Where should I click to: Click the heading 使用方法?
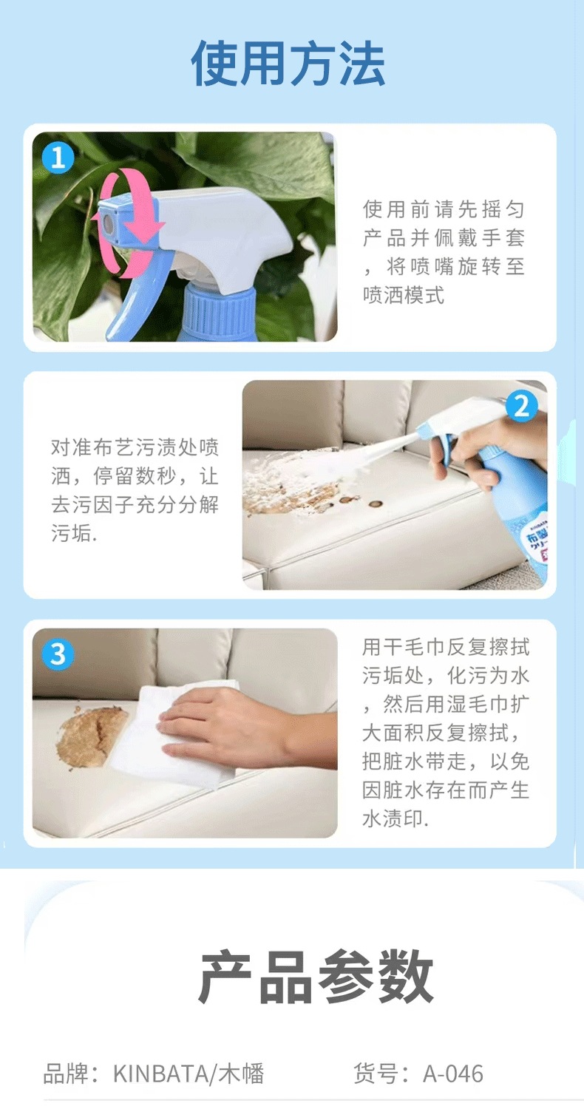[x=288, y=64]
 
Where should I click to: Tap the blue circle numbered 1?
[x=58, y=158]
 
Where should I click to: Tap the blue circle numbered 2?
[x=522, y=407]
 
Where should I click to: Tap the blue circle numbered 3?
[x=58, y=654]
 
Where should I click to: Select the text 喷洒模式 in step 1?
[x=404, y=295]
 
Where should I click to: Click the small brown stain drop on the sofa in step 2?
[x=376, y=504]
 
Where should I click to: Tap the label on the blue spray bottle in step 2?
[x=537, y=542]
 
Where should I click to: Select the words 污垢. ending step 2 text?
[x=74, y=533]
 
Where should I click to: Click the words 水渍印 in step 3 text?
[x=393, y=819]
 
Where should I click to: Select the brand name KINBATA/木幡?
[x=189, y=1074]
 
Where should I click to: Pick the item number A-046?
[x=453, y=1074]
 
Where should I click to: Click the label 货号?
[x=375, y=1074]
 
